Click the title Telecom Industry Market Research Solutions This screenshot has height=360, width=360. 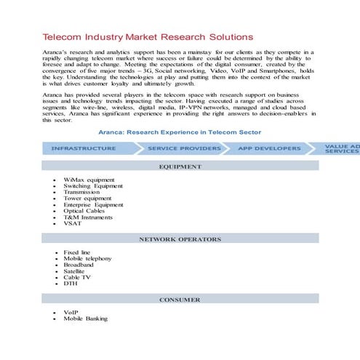148,36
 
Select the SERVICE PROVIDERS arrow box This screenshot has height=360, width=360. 183,148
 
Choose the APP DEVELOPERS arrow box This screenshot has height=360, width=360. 268,148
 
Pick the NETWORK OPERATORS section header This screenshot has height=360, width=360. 180,239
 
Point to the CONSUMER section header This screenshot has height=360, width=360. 180,300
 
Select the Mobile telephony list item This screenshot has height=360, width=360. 87,258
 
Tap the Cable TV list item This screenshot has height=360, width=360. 78,277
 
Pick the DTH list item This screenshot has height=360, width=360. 71,284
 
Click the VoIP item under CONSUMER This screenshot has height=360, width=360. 71,313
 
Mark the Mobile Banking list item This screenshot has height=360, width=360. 85,319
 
